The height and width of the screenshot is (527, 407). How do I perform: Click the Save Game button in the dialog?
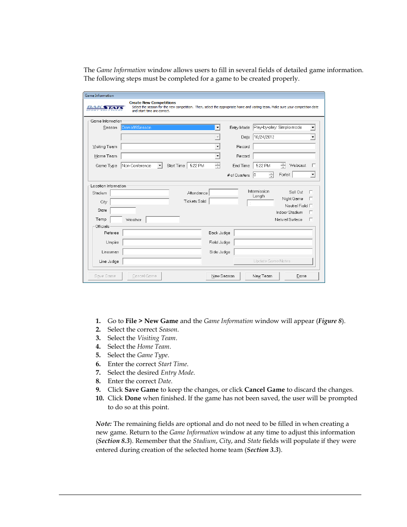click(x=105, y=276)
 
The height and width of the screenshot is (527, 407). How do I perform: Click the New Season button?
click(x=223, y=276)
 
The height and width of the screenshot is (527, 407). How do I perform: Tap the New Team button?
click(x=262, y=276)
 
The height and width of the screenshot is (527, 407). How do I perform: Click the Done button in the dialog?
click(x=302, y=276)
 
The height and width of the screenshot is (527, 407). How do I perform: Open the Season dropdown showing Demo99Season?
click(x=170, y=128)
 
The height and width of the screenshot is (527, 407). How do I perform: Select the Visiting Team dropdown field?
click(x=170, y=147)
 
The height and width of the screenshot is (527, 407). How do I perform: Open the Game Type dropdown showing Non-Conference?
click(x=142, y=166)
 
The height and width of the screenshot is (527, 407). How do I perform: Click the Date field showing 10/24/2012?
click(x=284, y=137)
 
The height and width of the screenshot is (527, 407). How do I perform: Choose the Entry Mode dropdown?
click(x=284, y=128)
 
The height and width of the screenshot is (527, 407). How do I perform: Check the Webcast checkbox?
click(x=314, y=166)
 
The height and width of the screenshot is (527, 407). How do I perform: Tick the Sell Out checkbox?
click(x=311, y=192)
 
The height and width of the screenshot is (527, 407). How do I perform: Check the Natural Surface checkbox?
click(x=311, y=219)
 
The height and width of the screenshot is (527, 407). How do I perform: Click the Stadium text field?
click(x=140, y=193)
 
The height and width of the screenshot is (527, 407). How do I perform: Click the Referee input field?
click(x=162, y=233)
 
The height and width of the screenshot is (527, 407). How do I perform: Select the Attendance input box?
click(x=224, y=193)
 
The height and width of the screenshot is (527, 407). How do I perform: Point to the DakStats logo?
click(x=105, y=108)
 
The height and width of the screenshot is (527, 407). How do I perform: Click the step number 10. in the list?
click(x=100, y=398)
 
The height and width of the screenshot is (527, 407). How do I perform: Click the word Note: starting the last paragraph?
click(x=104, y=424)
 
